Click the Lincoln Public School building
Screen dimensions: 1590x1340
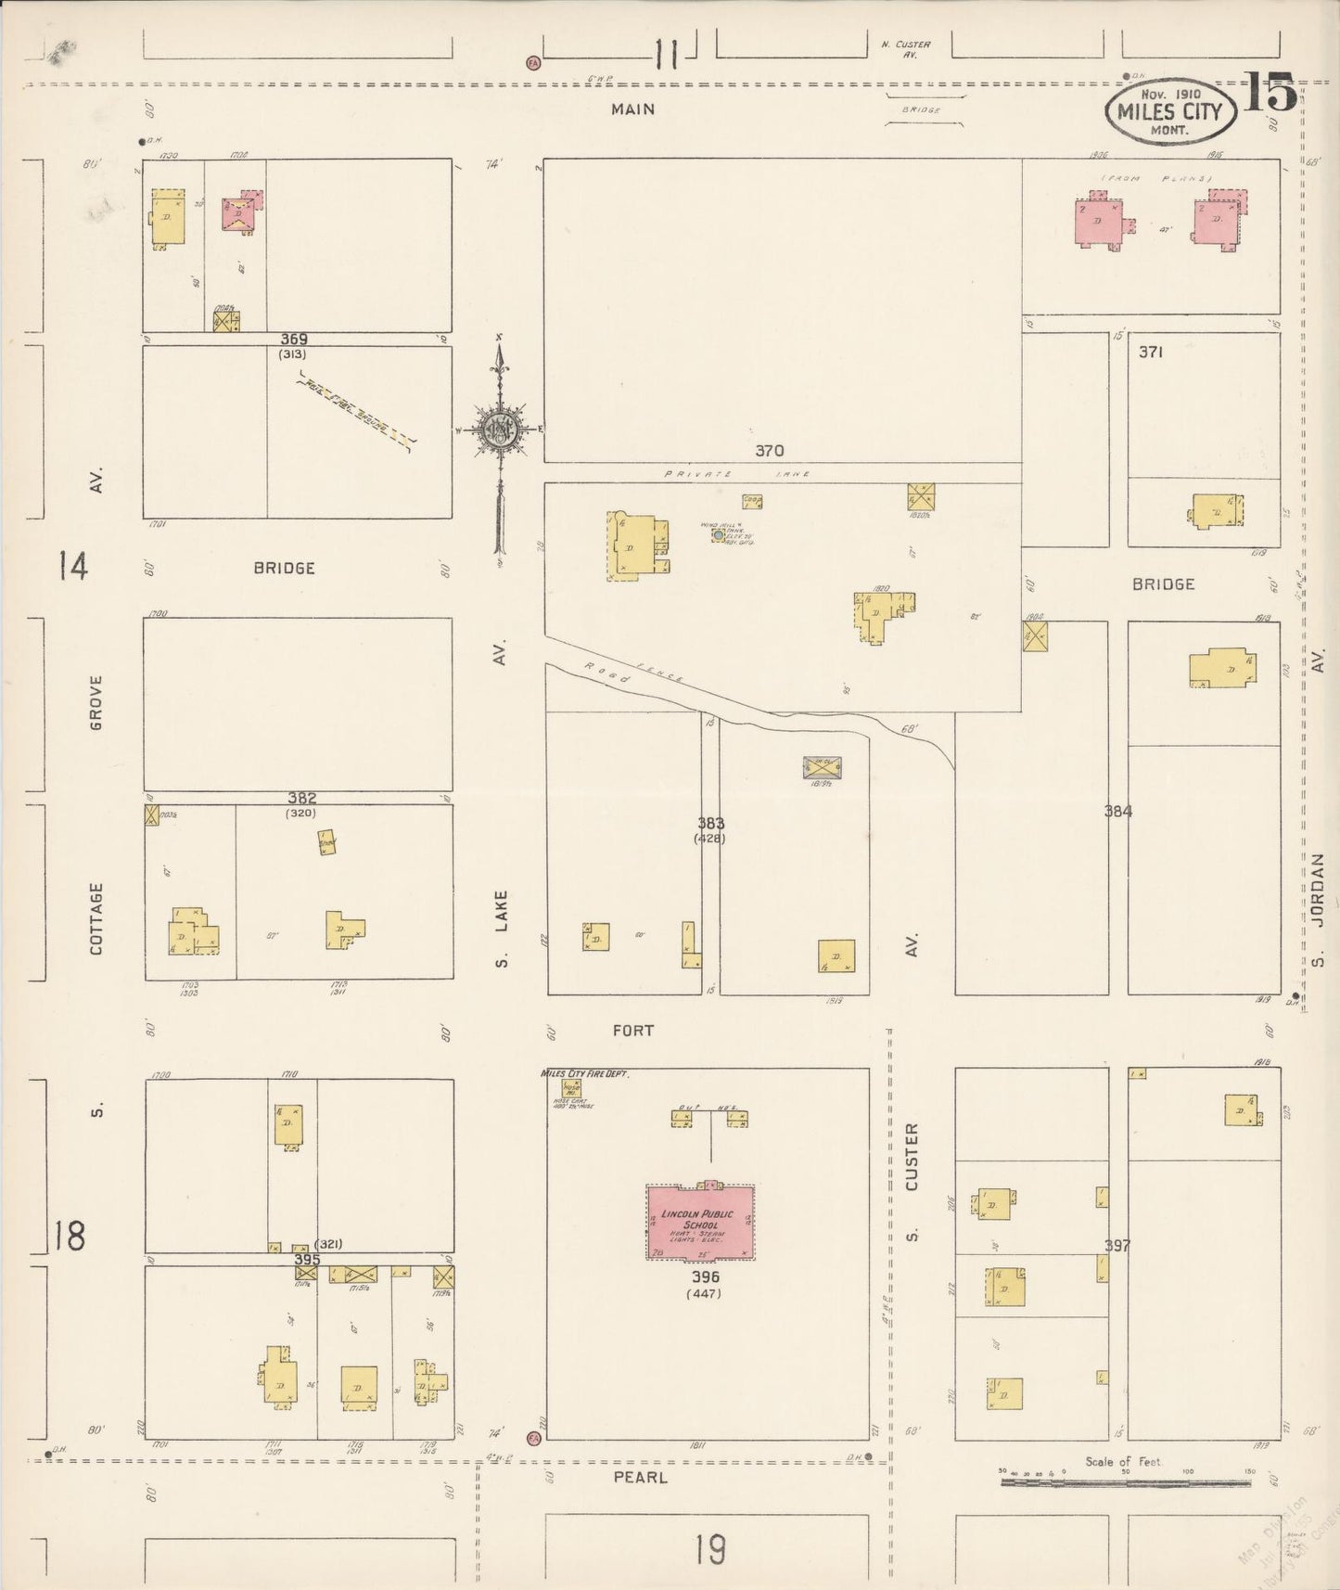click(x=700, y=1221)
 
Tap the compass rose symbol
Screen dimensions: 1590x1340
click(x=499, y=430)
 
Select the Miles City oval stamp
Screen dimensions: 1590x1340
click(x=1169, y=112)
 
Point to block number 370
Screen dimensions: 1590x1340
click(x=769, y=451)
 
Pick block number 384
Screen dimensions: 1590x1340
click(x=1118, y=811)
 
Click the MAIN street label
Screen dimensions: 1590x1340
click(x=632, y=109)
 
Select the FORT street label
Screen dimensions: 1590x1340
click(x=632, y=1030)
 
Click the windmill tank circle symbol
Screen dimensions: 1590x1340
click(x=718, y=535)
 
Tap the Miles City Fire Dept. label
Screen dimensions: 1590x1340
click(x=585, y=1073)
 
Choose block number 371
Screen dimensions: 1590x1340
click(x=1151, y=353)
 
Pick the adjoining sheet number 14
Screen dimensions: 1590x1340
click(x=73, y=565)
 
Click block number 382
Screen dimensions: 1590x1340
click(x=301, y=798)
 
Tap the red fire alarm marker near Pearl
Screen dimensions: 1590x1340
click(x=533, y=1464)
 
